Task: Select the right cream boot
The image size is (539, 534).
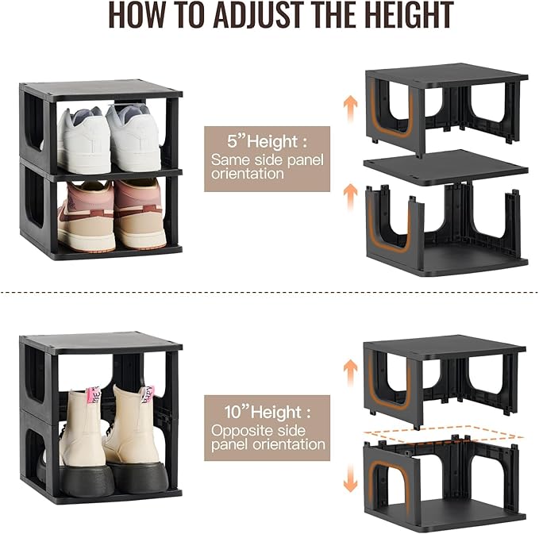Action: (135, 428)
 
